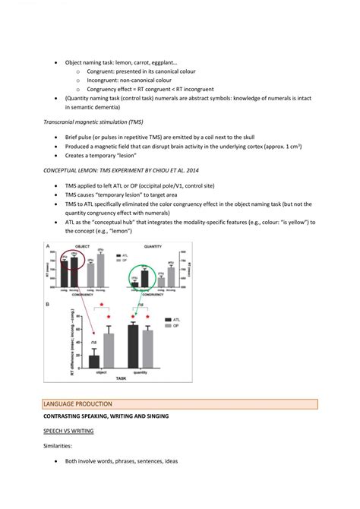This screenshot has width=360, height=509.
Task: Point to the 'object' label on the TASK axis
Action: click(101, 373)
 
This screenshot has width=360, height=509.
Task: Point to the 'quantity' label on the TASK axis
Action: click(141, 373)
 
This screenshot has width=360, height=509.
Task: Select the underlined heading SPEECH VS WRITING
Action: click(69, 431)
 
